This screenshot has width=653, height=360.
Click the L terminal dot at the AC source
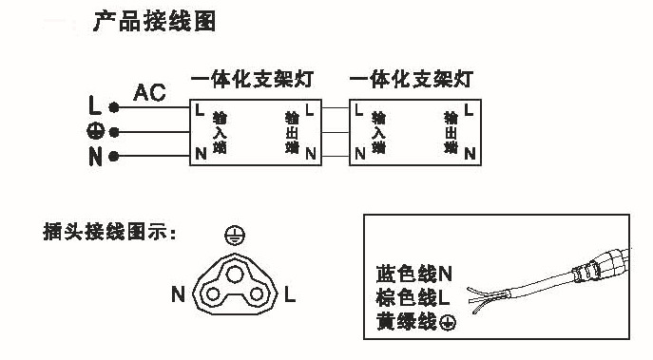[113, 107]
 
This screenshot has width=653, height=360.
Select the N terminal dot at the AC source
[113, 156]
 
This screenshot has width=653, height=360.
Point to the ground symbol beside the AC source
[95, 132]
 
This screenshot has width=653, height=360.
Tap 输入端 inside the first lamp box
[221, 133]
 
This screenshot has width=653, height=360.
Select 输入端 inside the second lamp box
[378, 133]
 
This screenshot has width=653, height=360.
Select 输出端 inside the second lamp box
[450, 133]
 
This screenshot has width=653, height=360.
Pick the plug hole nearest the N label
[207, 295]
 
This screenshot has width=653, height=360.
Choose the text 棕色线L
[407, 301]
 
